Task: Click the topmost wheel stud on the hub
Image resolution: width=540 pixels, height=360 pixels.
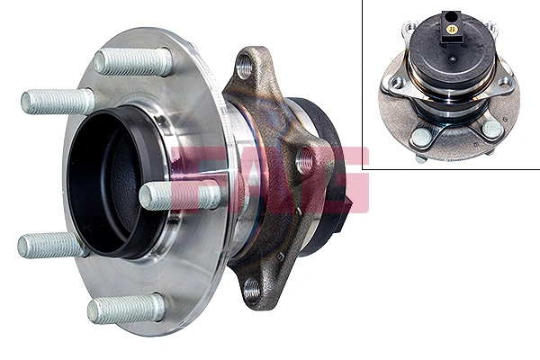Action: pyautogui.click(x=133, y=61)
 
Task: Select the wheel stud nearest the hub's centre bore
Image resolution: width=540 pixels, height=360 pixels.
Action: pyautogui.click(x=178, y=194)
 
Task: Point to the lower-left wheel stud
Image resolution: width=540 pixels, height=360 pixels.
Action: pyautogui.click(x=53, y=245)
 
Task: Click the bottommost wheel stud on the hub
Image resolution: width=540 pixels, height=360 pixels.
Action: pyautogui.click(x=125, y=308)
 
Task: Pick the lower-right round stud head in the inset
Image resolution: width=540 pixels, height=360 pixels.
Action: pyautogui.click(x=490, y=130)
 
